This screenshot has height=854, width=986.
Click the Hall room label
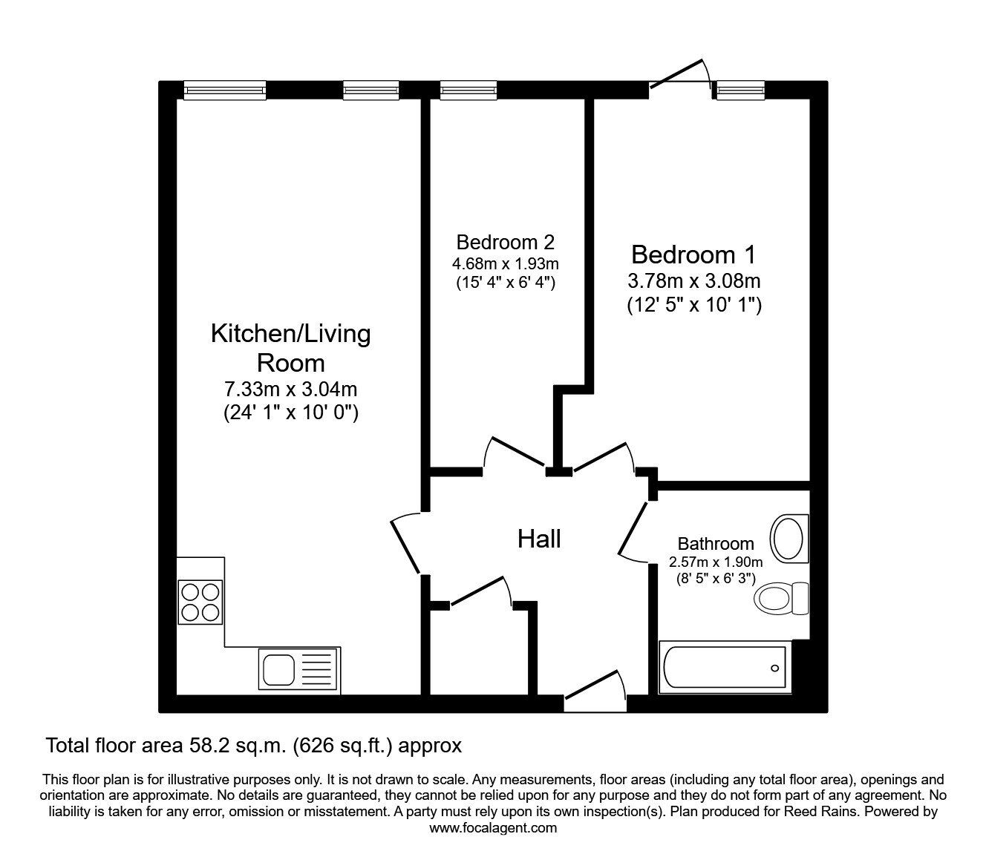pyautogui.click(x=539, y=539)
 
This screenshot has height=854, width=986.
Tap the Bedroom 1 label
pyautogui.click(x=693, y=254)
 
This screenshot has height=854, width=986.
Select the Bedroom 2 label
pyautogui.click(x=505, y=242)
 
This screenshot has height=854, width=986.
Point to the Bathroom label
pyautogui.click(x=716, y=544)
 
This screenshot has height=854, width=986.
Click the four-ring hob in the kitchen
pyautogui.click(x=200, y=601)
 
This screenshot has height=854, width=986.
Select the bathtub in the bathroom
pyautogui.click(x=723, y=667)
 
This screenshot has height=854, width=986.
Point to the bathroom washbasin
pyautogui.click(x=789, y=538)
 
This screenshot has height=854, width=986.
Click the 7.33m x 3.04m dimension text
pyautogui.click(x=291, y=389)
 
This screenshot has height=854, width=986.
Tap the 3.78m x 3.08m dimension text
pyautogui.click(x=694, y=281)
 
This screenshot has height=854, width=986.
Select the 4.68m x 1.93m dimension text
pyautogui.click(x=505, y=263)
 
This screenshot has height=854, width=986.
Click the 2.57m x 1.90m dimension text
pyautogui.click(x=716, y=562)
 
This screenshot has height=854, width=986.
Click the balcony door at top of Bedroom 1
pyautogui.click(x=679, y=77)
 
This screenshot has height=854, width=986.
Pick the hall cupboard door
pyautogui.click(x=481, y=591)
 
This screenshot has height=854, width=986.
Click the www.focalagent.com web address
pyautogui.click(x=493, y=828)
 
